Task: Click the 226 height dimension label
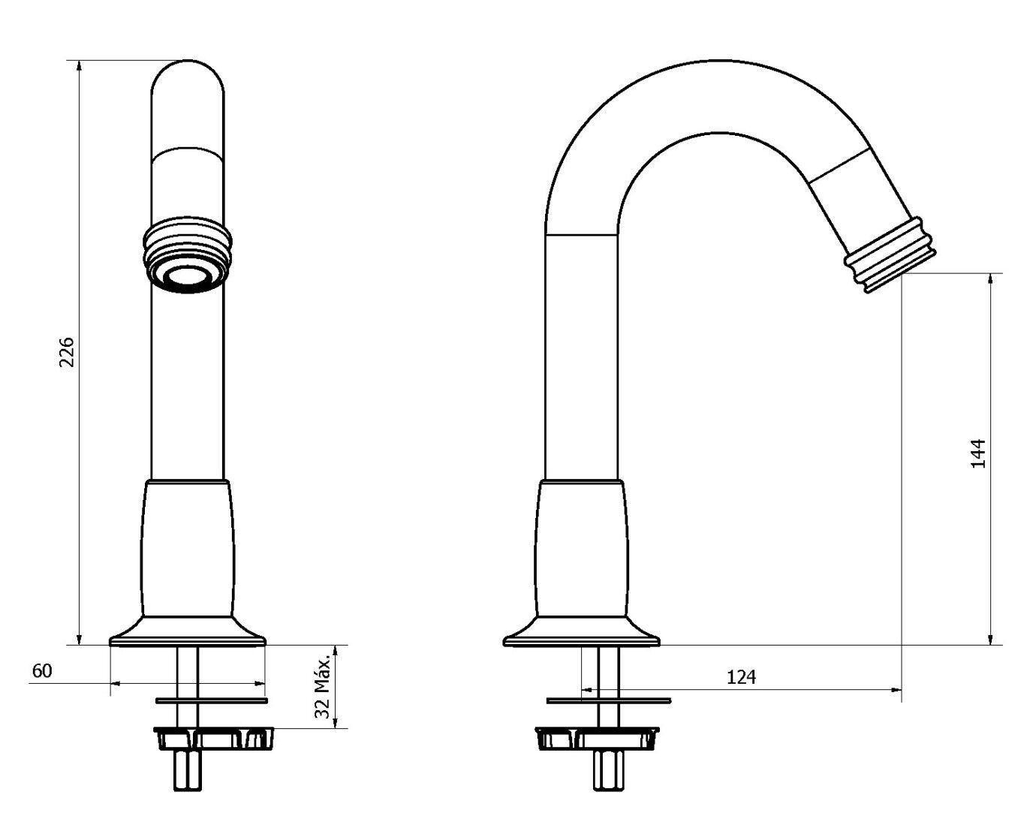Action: click(x=67, y=351)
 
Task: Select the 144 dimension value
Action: click(x=977, y=453)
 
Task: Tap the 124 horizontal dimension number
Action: click(x=741, y=676)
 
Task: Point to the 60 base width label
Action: click(x=42, y=670)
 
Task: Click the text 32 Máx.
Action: click(x=323, y=685)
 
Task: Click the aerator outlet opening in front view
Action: click(x=185, y=276)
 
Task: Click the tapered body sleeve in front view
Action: click(x=187, y=548)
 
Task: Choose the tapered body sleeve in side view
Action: click(x=581, y=548)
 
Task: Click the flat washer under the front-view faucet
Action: click(x=212, y=700)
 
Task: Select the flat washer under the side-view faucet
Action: click(x=609, y=700)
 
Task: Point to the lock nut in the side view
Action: click(x=597, y=738)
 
